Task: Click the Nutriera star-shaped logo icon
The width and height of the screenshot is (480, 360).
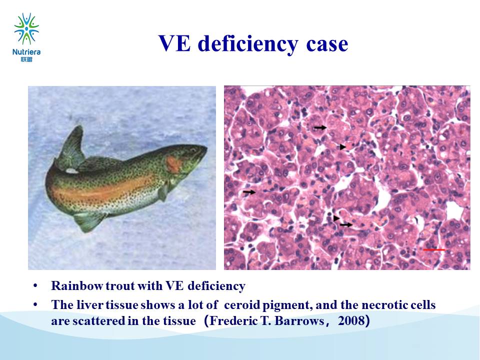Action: (26, 29)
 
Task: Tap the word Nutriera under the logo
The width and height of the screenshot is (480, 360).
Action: (26, 52)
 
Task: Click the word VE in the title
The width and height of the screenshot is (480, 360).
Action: (174, 43)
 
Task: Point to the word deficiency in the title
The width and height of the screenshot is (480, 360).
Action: (248, 44)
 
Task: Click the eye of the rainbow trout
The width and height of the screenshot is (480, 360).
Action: (192, 150)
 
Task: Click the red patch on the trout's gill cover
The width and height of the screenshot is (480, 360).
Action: (173, 164)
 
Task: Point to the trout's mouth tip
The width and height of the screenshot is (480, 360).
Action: (206, 149)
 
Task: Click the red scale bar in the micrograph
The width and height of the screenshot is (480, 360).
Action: (434, 250)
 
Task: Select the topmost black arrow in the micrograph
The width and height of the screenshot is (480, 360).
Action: (320, 127)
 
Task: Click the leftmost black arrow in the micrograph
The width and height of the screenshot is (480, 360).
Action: (249, 192)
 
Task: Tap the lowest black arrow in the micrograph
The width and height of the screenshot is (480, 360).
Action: (346, 224)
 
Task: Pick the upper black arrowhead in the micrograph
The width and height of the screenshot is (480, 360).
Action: (343, 147)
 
